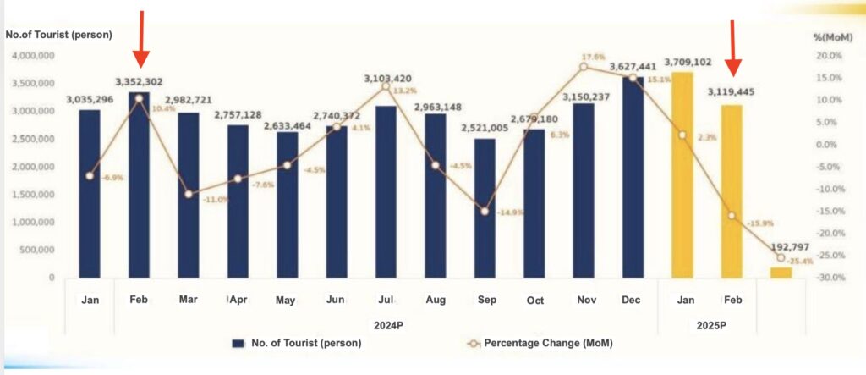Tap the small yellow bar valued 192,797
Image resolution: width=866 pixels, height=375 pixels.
pyautogui.click(x=781, y=273)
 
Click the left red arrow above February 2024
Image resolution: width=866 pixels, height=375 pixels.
pyautogui.click(x=141, y=39)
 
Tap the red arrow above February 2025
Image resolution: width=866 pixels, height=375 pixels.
pyautogui.click(x=734, y=47)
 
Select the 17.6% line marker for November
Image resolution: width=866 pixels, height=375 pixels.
pyautogui.click(x=584, y=67)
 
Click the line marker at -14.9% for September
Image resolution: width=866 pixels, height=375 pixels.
pyautogui.click(x=485, y=211)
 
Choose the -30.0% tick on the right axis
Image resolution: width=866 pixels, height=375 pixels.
pyautogui.click(x=828, y=278)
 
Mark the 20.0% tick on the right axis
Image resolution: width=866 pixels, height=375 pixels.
pyautogui.click(x=829, y=56)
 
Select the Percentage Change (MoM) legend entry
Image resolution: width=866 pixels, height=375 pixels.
pyautogui.click(x=539, y=343)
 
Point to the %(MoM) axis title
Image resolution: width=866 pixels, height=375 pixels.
pyautogui.click(x=830, y=37)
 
